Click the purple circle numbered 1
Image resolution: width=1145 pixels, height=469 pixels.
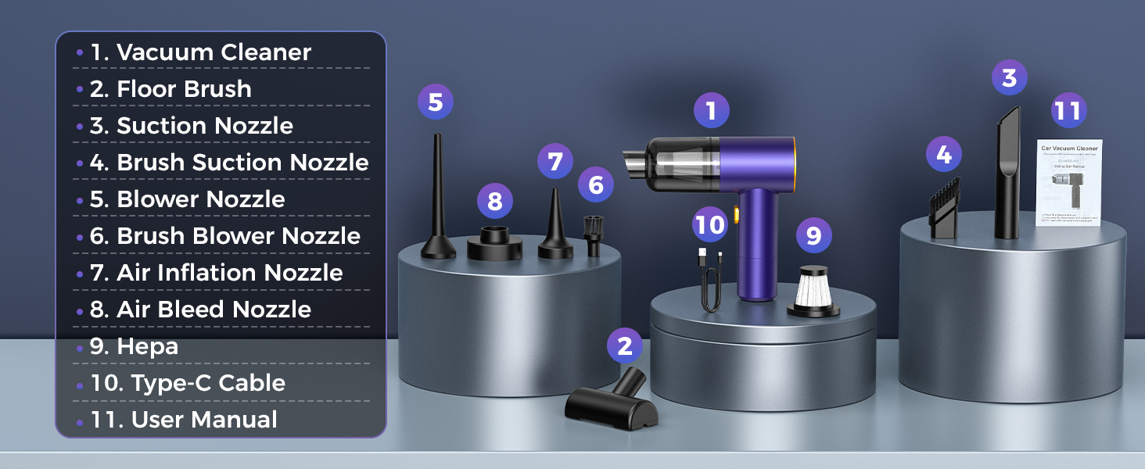point(711,110)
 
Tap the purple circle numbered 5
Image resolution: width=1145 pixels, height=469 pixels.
point(436,102)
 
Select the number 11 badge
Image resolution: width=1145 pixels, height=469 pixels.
point(1068,110)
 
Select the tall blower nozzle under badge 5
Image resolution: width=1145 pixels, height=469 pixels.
point(437,203)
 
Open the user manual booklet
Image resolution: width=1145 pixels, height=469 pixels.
point(1069,183)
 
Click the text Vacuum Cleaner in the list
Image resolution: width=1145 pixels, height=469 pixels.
point(214,52)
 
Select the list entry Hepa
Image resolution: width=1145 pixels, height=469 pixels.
point(147,346)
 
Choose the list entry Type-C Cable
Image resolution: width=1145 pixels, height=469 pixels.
point(208,383)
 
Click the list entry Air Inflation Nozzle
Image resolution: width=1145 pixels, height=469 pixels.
point(229,273)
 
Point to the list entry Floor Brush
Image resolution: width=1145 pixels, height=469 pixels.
point(184,89)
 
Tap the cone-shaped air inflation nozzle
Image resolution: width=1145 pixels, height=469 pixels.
point(555,227)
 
